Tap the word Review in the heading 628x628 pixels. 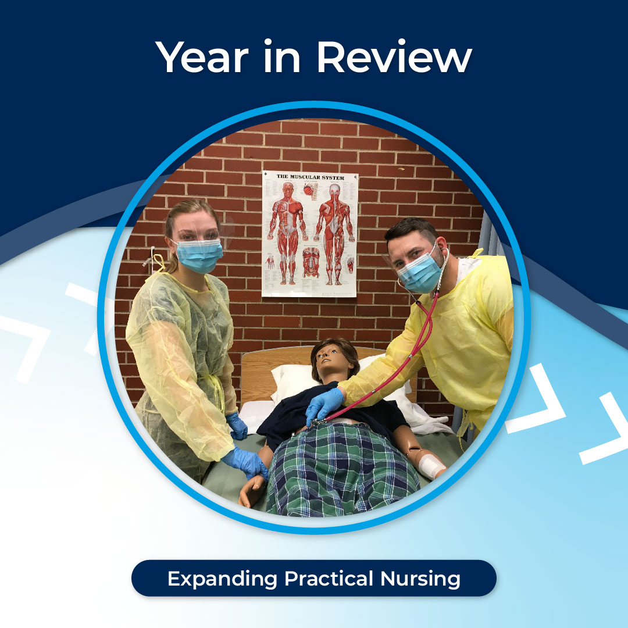click(x=393, y=57)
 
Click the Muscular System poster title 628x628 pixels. click(x=310, y=177)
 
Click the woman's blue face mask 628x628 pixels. click(x=199, y=255)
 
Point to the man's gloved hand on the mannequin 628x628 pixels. click(x=324, y=405)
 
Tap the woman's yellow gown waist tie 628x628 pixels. click(x=216, y=387)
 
